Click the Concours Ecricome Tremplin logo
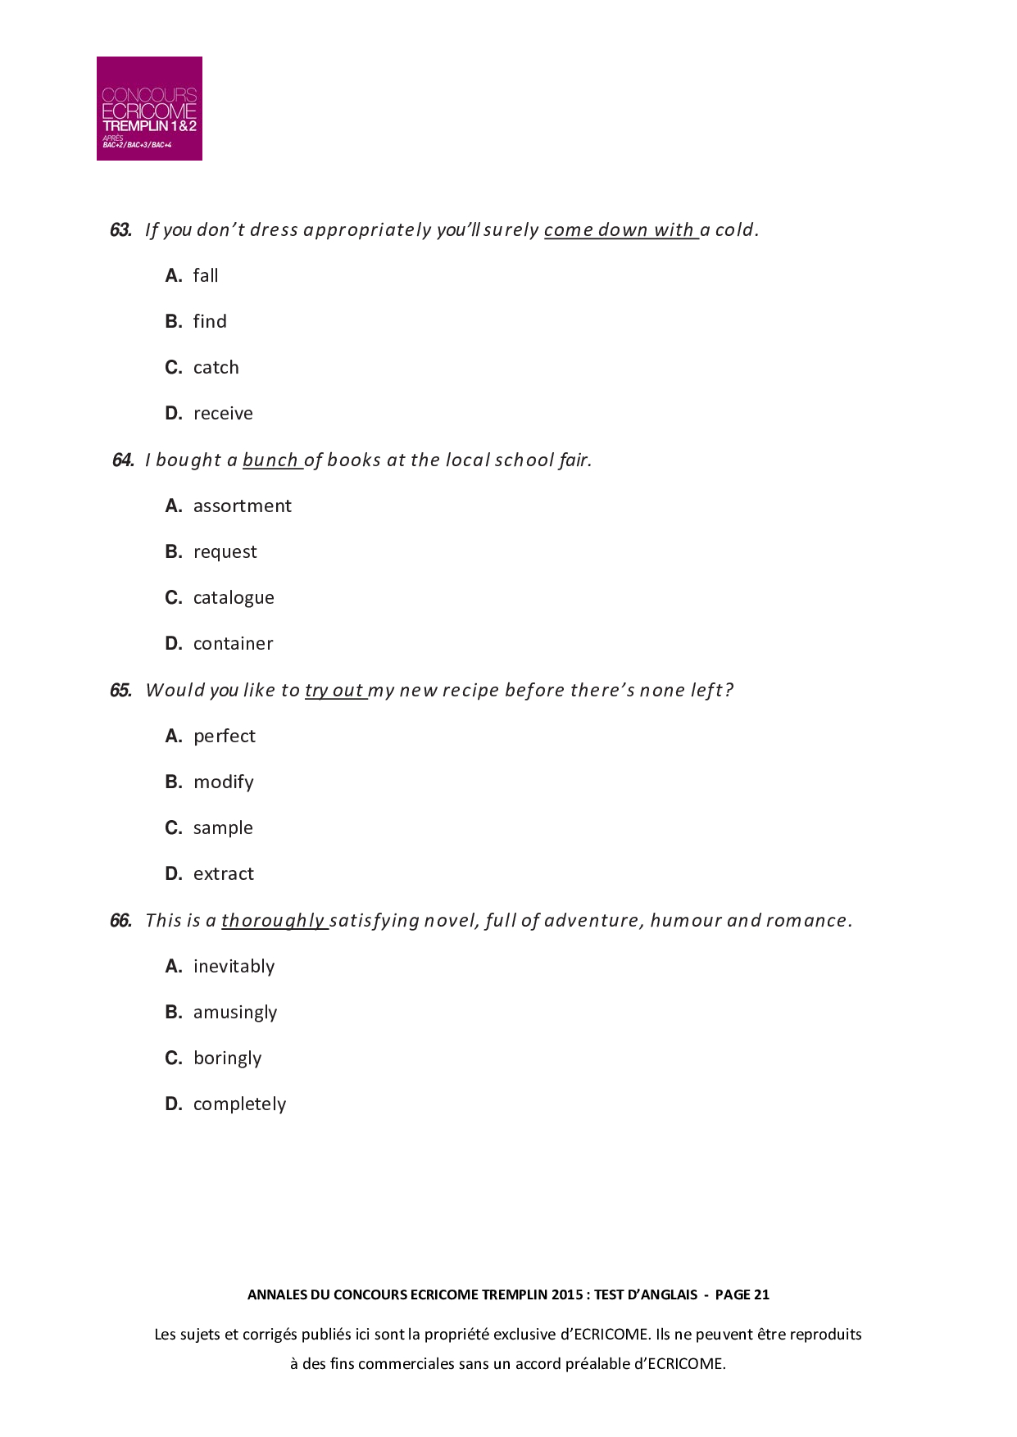click(149, 108)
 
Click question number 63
click(120, 230)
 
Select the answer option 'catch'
click(216, 368)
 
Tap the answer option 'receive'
click(223, 414)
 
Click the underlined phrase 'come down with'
click(620, 230)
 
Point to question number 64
click(123, 460)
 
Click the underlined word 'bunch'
click(270, 460)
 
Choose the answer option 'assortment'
click(242, 506)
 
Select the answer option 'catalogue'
click(234, 598)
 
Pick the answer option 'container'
click(233, 644)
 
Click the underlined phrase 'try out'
click(334, 691)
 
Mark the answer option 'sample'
click(223, 828)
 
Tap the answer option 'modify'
click(224, 782)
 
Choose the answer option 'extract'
click(224, 874)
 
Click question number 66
click(120, 921)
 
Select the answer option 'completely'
click(239, 1104)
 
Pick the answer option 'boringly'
click(227, 1058)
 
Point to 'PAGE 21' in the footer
click(742, 1294)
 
